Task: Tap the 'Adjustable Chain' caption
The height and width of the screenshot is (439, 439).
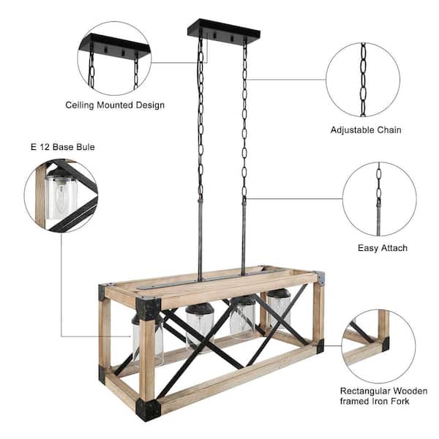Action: click(366, 130)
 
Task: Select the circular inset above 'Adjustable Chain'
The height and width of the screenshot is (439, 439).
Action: click(362, 80)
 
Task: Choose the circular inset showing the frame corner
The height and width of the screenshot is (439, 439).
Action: click(378, 337)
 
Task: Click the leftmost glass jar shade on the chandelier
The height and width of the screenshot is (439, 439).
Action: click(147, 340)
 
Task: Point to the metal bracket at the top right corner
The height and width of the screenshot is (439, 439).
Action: click(320, 278)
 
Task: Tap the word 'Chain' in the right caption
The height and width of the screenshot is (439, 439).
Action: click(388, 130)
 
